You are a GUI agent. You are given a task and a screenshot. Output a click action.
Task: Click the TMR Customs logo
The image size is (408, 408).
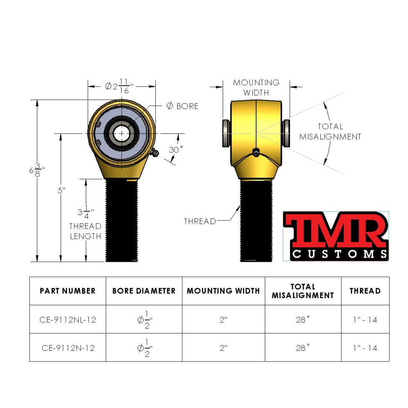(x=335, y=236)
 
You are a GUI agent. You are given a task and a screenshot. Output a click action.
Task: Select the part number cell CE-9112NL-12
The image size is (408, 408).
(x=68, y=320)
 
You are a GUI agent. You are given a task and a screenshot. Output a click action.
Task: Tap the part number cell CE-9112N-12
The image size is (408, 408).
(x=68, y=348)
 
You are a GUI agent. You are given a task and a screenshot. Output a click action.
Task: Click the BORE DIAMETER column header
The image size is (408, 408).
(x=144, y=291)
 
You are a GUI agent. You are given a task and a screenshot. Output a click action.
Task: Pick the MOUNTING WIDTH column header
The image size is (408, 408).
(x=223, y=291)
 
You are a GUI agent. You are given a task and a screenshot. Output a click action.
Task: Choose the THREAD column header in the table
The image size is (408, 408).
(x=365, y=291)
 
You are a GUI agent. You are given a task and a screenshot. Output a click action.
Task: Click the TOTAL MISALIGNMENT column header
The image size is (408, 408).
(x=303, y=291)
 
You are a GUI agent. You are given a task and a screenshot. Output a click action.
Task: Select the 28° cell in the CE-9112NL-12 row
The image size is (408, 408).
(x=303, y=320)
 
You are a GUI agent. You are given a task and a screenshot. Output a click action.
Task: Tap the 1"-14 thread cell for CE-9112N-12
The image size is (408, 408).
(x=365, y=348)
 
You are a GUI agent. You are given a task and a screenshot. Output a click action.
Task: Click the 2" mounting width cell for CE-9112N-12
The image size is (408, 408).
(x=223, y=348)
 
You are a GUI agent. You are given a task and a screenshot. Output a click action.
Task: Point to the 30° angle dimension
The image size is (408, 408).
(x=176, y=150)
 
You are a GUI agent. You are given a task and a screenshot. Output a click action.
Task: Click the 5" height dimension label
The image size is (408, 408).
(x=61, y=191)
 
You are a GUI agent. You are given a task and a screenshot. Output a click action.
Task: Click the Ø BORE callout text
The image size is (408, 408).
(x=182, y=106)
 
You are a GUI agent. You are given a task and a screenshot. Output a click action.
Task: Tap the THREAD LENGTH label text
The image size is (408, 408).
(x=85, y=231)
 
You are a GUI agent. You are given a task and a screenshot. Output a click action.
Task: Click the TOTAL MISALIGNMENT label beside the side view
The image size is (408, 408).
(x=330, y=132)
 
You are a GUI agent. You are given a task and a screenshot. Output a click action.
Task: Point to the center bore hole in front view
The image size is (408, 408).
(x=121, y=133)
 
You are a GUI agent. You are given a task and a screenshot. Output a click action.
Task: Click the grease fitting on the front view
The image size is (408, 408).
(x=154, y=153)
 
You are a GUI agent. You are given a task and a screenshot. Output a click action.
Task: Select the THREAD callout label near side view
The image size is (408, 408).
(x=200, y=221)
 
